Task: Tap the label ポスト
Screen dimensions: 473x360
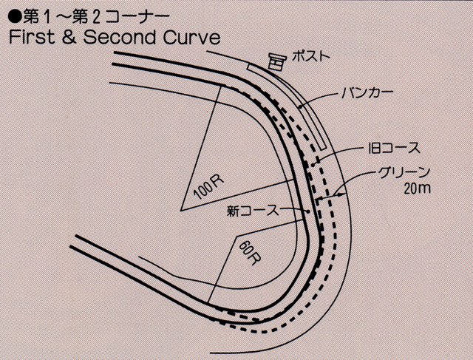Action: click(x=311, y=56)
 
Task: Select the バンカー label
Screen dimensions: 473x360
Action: click(x=367, y=93)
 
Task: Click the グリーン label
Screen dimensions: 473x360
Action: click(x=404, y=173)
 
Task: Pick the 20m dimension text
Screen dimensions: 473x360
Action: click(x=417, y=189)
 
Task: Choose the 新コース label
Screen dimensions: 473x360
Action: click(x=253, y=211)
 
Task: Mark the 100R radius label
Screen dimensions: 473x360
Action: click(x=208, y=188)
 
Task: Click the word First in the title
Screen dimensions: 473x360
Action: click(x=33, y=38)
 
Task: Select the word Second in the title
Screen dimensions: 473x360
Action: click(x=120, y=38)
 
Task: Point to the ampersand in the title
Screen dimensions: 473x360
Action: click(x=69, y=38)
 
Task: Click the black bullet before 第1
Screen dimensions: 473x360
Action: click(x=16, y=17)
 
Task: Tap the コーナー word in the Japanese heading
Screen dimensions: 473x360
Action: click(x=137, y=18)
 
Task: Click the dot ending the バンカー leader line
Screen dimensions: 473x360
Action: click(x=300, y=106)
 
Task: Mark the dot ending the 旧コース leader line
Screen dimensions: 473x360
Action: click(x=314, y=164)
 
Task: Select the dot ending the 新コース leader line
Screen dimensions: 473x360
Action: click(x=308, y=211)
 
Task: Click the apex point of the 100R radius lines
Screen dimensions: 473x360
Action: click(x=180, y=210)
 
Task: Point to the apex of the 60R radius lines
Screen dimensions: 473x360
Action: click(x=237, y=235)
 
